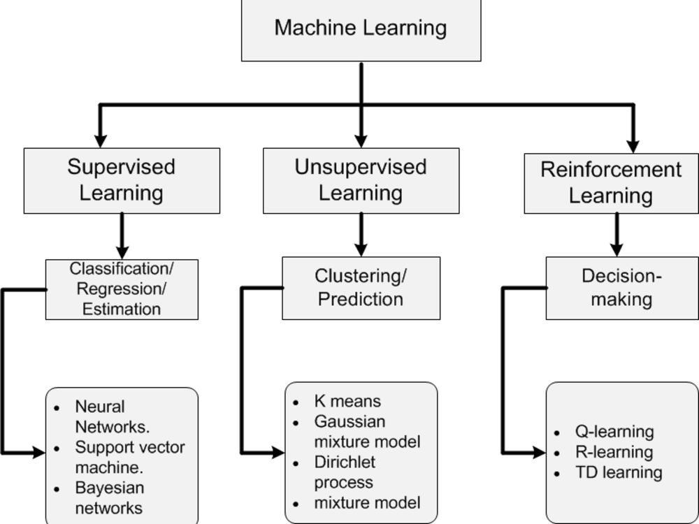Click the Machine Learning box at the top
click(361, 29)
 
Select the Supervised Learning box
click(122, 180)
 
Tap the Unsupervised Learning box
click(361, 180)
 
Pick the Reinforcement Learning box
click(611, 183)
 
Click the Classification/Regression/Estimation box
click(122, 289)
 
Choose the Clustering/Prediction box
click(361, 288)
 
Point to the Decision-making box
click(621, 288)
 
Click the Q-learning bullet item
click(614, 432)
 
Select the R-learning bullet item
click(614, 452)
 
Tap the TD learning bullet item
click(618, 472)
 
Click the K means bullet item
click(347, 402)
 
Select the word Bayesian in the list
click(109, 488)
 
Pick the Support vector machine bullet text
click(129, 456)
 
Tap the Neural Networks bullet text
click(112, 416)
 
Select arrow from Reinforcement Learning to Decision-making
click(616, 235)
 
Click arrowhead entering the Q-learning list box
click(538, 453)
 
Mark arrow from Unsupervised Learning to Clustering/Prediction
click(361, 235)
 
